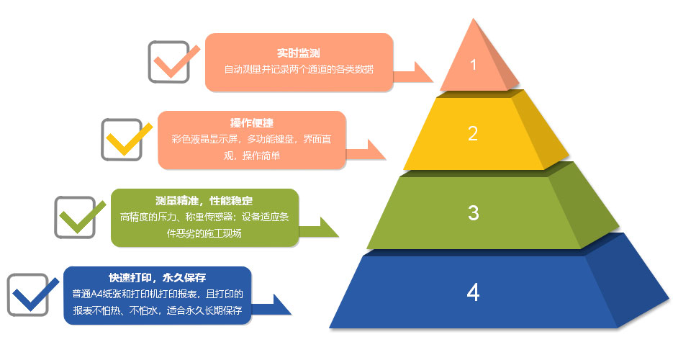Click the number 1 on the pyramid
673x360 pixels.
pos(473,65)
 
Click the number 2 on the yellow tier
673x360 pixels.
pos(473,133)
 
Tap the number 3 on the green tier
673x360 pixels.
pos(473,212)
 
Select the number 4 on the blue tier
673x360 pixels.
pos(473,292)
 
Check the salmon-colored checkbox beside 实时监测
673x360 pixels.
pos(169,61)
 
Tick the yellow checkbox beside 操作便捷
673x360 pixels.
pos(122,139)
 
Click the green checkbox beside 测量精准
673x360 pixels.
pos(76,217)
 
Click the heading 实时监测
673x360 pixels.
pos(298,53)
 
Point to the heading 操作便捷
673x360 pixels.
pos(251,122)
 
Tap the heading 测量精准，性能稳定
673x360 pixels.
pos(204,200)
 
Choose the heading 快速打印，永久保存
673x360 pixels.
pos(158,277)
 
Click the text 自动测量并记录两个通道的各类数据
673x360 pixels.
pos(298,71)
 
